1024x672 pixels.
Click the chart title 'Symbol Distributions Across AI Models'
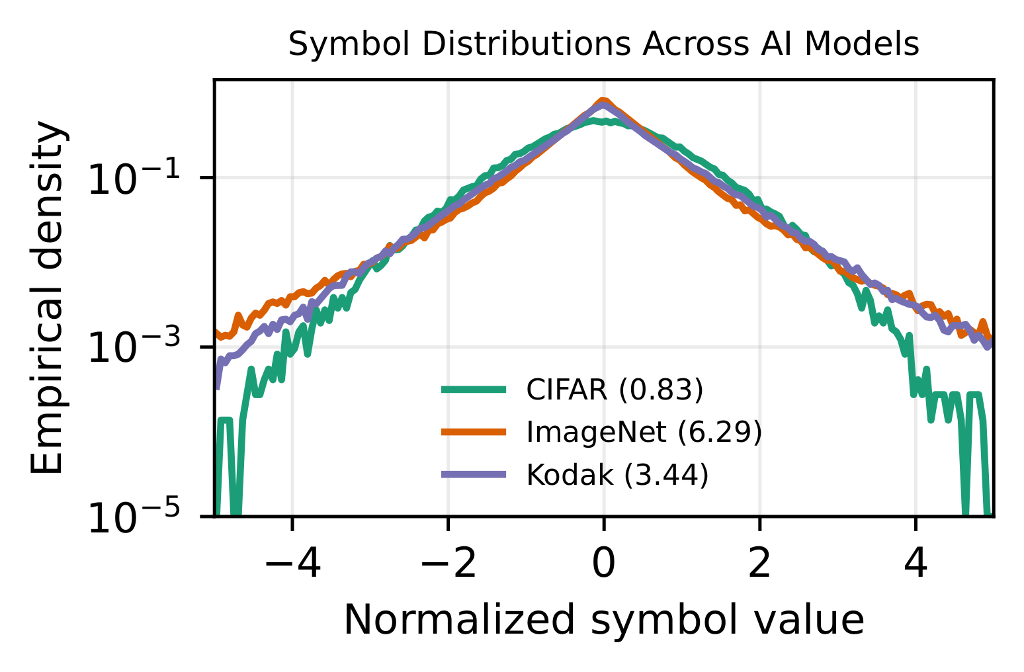pyautogui.click(x=603, y=45)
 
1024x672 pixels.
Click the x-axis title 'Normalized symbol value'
pyautogui.click(x=603, y=620)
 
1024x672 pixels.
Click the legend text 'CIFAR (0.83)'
pyautogui.click(x=614, y=390)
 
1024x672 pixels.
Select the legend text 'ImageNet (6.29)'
pyautogui.click(x=644, y=433)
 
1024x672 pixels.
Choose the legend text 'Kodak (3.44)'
pyautogui.click(x=617, y=475)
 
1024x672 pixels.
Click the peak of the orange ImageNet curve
pyautogui.click(x=603, y=100)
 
